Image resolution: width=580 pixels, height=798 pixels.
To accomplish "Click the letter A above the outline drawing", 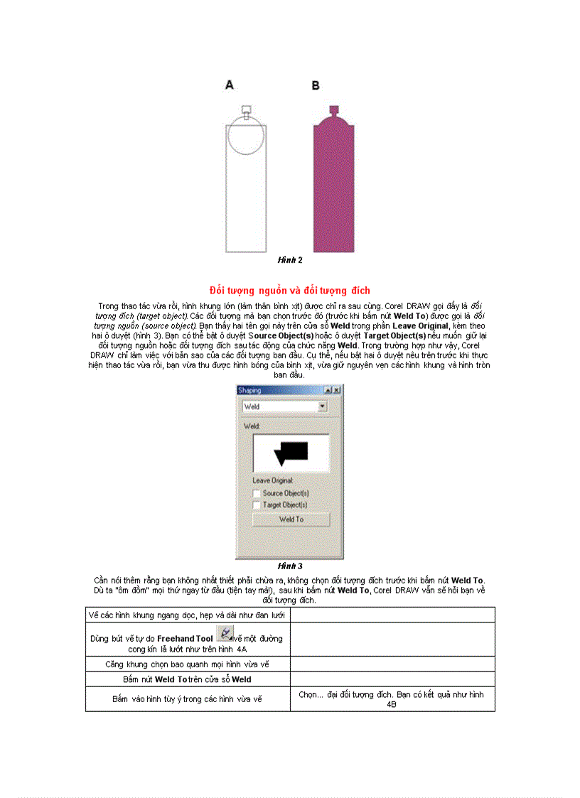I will [x=230, y=85].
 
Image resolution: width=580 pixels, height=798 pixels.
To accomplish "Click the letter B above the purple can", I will [x=316, y=86].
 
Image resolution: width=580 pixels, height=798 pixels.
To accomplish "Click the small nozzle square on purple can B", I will [x=333, y=109].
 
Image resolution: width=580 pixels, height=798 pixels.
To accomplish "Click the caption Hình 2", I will [x=290, y=260].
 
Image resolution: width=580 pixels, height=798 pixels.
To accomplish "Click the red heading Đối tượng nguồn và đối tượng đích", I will [x=289, y=291].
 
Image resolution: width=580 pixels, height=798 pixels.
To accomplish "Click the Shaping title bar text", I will [x=249, y=390].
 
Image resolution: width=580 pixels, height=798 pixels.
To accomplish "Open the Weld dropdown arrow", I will [x=323, y=406].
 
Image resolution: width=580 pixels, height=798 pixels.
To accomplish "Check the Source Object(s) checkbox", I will [x=257, y=493].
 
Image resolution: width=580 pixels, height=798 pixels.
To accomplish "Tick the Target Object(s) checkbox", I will [x=257, y=505].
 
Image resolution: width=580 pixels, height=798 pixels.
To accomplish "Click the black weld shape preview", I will [x=291, y=452].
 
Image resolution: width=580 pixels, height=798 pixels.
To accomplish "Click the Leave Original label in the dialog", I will [x=273, y=481].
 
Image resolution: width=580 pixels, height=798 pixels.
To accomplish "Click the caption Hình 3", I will [x=290, y=566].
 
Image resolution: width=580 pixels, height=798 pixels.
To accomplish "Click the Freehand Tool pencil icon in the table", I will [x=225, y=632].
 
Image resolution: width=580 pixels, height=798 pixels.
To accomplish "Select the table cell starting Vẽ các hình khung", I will [x=188, y=614].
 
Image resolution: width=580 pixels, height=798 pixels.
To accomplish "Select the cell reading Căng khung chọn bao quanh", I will [x=188, y=664].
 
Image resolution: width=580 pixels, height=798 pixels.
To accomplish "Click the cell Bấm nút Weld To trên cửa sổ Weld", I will [x=188, y=679].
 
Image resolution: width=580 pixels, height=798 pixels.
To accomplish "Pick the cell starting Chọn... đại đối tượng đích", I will [x=392, y=699].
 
